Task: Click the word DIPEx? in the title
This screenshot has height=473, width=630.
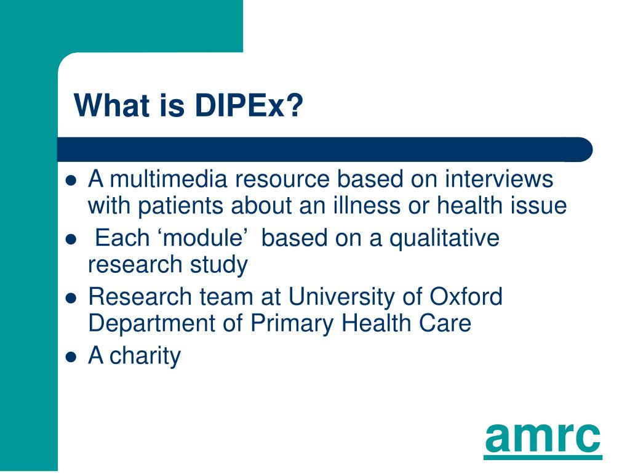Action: click(249, 105)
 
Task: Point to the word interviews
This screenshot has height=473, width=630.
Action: click(499, 179)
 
